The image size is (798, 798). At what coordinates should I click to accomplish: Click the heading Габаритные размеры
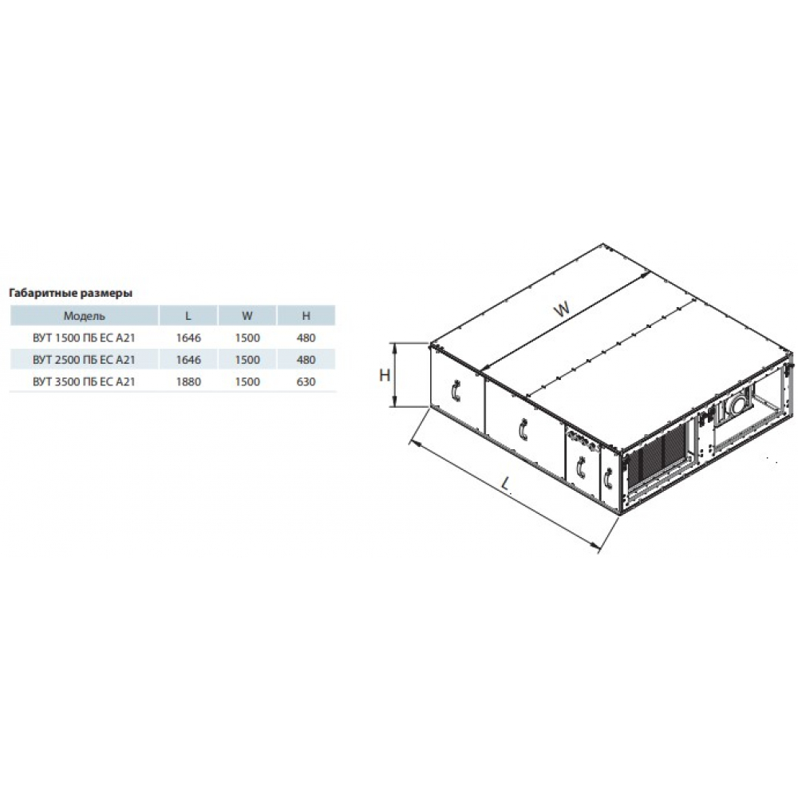[71, 293]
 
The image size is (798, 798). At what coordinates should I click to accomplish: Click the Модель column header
[84, 316]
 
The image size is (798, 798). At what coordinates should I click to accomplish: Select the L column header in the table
[188, 316]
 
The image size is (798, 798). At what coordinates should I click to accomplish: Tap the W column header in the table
[247, 316]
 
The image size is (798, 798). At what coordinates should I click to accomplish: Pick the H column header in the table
[306, 316]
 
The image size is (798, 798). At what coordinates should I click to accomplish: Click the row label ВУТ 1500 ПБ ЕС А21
[84, 338]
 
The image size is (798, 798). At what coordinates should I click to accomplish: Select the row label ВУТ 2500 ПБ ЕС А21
[84, 360]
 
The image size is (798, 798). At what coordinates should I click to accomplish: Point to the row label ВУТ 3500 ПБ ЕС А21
[84, 381]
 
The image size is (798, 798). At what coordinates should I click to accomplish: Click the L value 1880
[188, 381]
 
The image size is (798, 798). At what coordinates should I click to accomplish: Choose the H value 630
[306, 381]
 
